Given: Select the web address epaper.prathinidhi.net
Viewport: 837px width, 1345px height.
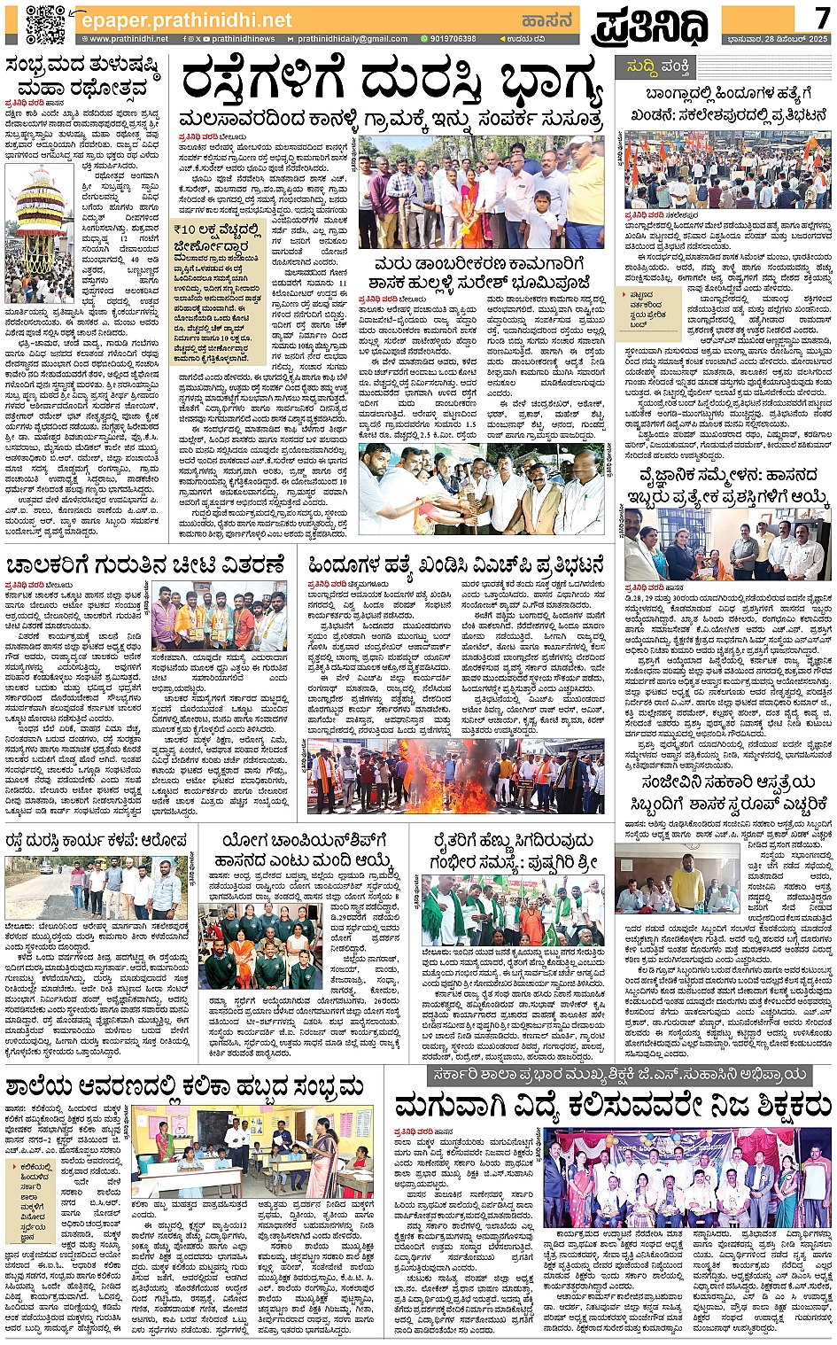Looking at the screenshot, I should coord(185,19).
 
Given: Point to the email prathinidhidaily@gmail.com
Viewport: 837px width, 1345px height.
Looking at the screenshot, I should coord(352,39).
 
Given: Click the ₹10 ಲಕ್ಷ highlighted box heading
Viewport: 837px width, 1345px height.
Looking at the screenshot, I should coord(218,237).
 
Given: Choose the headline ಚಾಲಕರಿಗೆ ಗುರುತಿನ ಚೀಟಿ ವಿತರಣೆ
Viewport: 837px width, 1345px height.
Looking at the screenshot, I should coord(146,565).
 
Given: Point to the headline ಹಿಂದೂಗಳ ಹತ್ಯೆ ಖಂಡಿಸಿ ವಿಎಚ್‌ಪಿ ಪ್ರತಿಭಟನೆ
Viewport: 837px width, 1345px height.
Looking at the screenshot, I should coord(456,565).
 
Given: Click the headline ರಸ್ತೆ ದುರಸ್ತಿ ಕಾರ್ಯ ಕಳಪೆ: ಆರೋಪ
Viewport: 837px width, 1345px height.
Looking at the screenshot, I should coord(97,840).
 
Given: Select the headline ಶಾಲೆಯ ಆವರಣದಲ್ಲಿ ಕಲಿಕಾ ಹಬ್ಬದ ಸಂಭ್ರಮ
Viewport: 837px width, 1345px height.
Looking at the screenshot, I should coord(185,1086).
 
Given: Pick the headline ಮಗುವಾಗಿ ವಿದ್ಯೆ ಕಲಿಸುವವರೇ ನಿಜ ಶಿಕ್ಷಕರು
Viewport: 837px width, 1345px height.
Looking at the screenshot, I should coord(613,1107).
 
